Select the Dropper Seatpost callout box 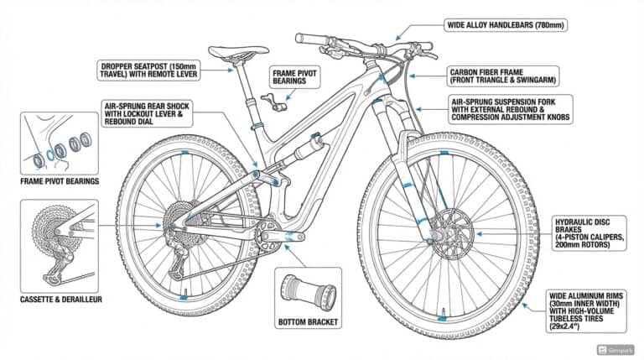(x=154, y=71)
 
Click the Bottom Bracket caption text (x=307, y=321)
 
